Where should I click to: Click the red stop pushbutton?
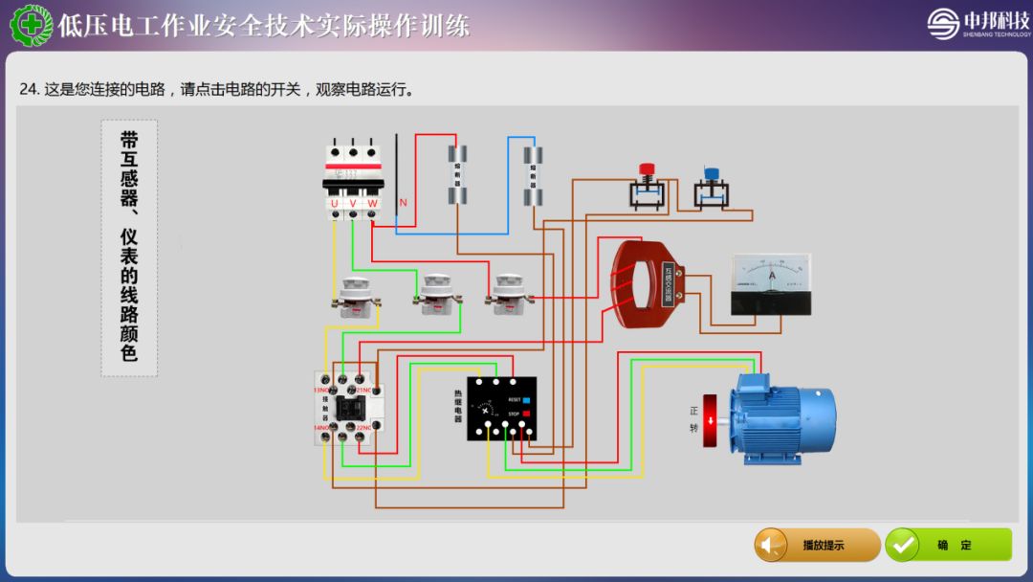click(646, 173)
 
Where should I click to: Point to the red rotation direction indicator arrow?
click(710, 420)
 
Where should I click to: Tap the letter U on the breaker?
click(334, 203)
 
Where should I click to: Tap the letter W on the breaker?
click(373, 203)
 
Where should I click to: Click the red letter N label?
click(403, 202)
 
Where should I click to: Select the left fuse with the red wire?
click(459, 174)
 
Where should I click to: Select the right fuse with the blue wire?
click(532, 176)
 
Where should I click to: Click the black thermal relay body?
click(501, 408)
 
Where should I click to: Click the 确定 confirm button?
click(947, 545)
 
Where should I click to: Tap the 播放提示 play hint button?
click(817, 545)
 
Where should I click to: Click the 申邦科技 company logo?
click(975, 23)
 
